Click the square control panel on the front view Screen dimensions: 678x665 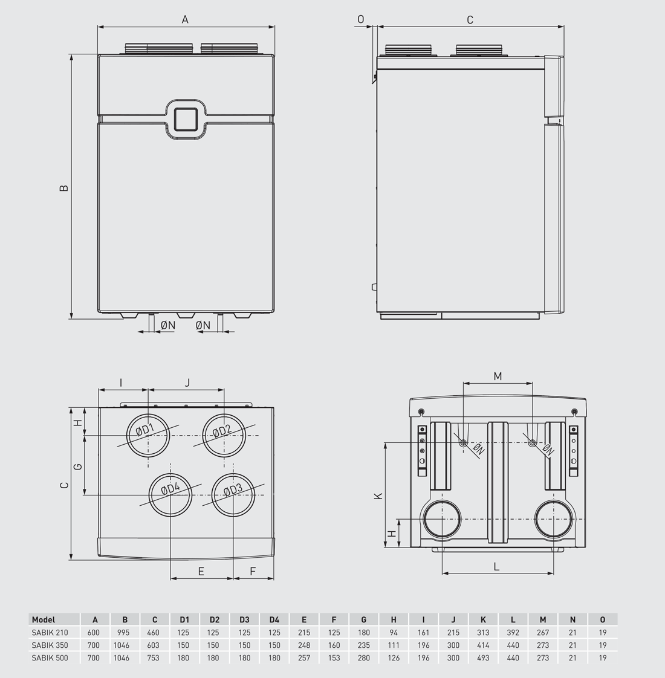pyautogui.click(x=185, y=118)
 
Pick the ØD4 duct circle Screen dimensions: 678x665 pyautogui.click(x=171, y=495)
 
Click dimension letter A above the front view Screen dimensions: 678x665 pyautogui.click(x=186, y=19)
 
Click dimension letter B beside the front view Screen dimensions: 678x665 pyautogui.click(x=64, y=188)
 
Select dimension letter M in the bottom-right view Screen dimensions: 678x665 pyautogui.click(x=498, y=376)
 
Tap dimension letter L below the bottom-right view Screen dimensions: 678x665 pyautogui.click(x=497, y=566)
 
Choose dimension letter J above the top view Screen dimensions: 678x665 pyautogui.click(x=187, y=383)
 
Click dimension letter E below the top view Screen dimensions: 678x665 pyautogui.click(x=201, y=571)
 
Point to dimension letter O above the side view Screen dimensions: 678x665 pyautogui.click(x=361, y=19)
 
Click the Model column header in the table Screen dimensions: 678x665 pyautogui.click(x=44, y=619)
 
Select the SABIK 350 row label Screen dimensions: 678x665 pyautogui.click(x=50, y=645)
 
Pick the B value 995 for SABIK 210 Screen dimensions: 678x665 pyautogui.click(x=125, y=633)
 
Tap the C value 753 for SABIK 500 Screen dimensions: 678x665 pyautogui.click(x=154, y=657)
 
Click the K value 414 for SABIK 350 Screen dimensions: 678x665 pyautogui.click(x=483, y=645)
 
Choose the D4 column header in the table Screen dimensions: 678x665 pyautogui.click(x=274, y=619)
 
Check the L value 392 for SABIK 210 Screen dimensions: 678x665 pyautogui.click(x=513, y=633)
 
